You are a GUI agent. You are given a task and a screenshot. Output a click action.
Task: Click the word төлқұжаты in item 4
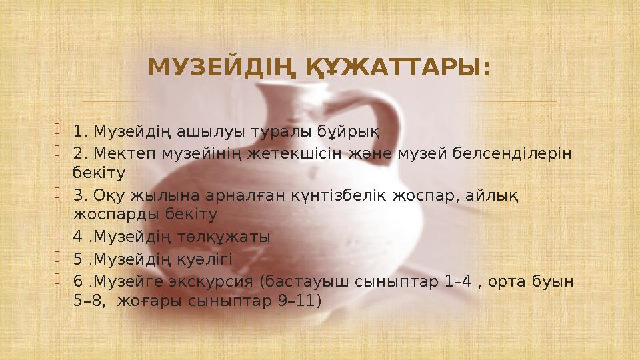pyautogui.click(x=227, y=237)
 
